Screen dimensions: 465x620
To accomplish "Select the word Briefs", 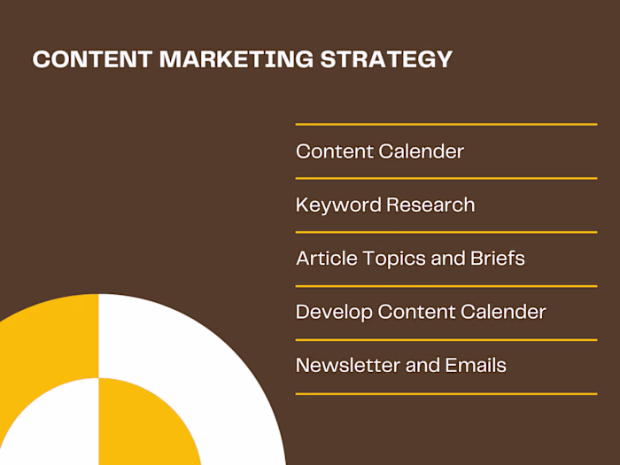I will (495, 259).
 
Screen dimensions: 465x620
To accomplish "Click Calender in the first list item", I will (422, 151).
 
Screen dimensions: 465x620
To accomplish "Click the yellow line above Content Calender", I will (446, 125).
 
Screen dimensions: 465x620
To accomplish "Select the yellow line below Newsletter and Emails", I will (446, 393).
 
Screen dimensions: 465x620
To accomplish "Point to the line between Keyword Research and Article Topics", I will (446, 232).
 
